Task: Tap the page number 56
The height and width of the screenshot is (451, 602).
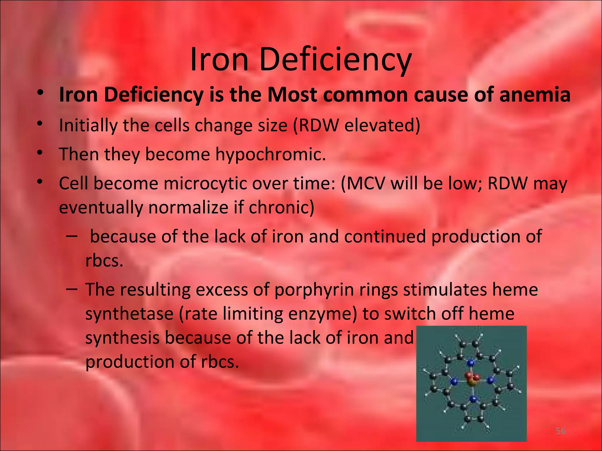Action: point(561,431)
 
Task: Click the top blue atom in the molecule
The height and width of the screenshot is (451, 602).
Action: point(471,363)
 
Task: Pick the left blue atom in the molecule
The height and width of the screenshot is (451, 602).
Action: point(454,382)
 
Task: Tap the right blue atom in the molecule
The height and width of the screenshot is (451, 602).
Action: point(490,381)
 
